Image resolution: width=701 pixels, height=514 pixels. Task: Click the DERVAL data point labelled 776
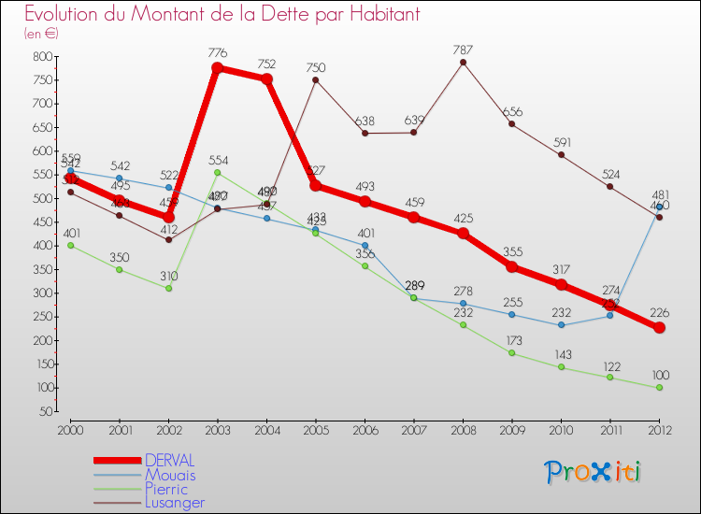pos(218,68)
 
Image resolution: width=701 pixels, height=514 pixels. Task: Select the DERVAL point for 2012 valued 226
pos(659,328)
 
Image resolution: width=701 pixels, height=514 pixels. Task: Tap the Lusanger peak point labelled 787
pos(463,63)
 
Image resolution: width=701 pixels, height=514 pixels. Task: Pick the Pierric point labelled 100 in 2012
pos(659,388)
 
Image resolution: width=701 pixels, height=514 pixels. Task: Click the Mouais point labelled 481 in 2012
pos(659,207)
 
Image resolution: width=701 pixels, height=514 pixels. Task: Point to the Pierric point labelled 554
pos(218,173)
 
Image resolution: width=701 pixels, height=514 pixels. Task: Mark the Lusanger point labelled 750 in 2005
pos(316,79)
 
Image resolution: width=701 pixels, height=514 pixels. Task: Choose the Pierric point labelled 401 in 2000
pos(70,245)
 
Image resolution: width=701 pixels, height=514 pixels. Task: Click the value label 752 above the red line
pos(266,64)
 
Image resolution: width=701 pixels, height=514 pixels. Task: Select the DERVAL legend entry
pos(169,461)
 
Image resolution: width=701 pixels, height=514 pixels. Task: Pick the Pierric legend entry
pos(165,489)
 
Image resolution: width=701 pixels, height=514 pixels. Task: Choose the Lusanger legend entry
pos(174,503)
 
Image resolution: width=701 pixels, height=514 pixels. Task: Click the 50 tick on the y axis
pos(43,411)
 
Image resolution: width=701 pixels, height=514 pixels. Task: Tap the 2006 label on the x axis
pos(365,430)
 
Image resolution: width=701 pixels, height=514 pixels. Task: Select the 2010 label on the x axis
pos(561,430)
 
